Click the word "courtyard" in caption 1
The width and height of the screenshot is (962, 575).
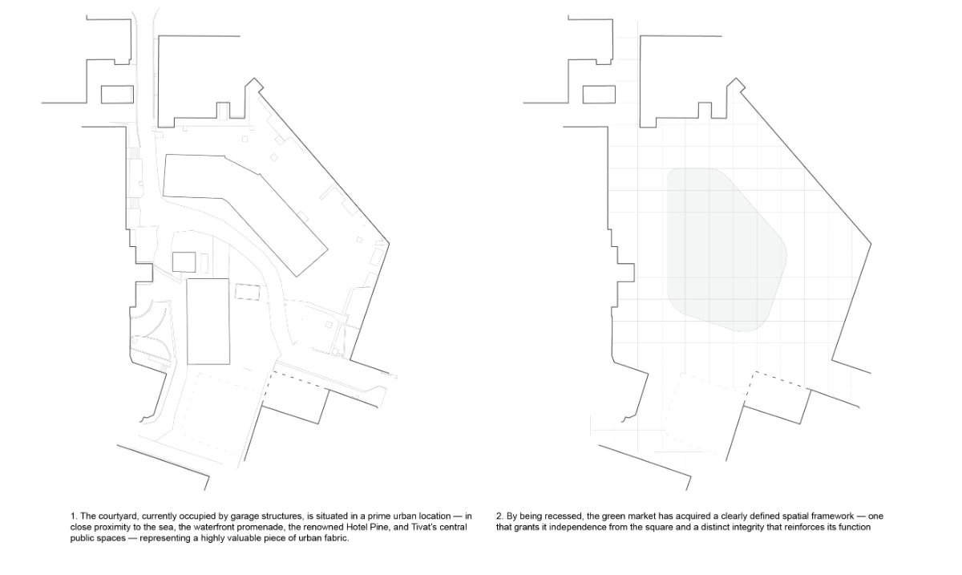click(117, 516)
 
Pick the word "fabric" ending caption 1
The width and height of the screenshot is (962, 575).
click(335, 538)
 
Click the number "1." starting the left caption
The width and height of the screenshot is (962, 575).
click(74, 516)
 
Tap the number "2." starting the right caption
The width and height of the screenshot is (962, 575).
click(499, 516)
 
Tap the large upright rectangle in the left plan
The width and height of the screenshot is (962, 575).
click(208, 322)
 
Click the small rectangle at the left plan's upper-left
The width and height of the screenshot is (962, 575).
click(117, 95)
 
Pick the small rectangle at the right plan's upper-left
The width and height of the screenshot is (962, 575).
click(599, 95)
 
